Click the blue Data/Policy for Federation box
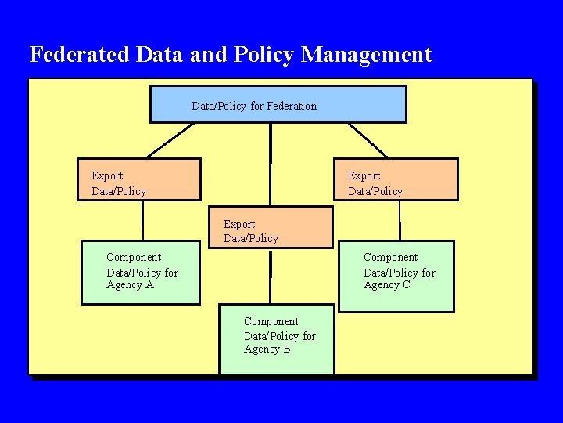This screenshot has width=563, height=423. [278, 104]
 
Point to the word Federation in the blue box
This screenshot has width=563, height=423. [292, 106]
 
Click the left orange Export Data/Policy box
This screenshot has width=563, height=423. [139, 179]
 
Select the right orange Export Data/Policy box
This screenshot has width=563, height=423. [396, 179]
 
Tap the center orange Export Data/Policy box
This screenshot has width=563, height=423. [271, 227]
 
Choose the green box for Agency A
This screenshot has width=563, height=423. [141, 272]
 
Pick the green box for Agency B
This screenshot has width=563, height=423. [276, 339]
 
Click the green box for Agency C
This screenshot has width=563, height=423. [396, 275]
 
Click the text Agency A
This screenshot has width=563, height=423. [130, 285]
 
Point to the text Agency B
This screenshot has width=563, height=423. [267, 349]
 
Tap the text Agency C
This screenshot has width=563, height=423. [386, 285]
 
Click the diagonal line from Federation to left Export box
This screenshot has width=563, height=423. [169, 140]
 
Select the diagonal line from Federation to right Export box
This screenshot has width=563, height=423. [368, 140]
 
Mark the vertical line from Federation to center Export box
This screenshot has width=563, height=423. [271, 164]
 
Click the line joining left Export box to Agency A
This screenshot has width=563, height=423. [142, 219]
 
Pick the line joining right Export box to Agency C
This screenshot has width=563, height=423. [400, 219]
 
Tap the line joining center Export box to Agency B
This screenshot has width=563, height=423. [271, 276]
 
